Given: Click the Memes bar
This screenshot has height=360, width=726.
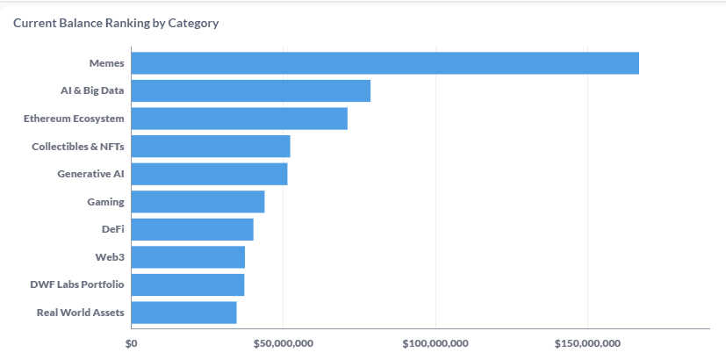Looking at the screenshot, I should click(385, 63).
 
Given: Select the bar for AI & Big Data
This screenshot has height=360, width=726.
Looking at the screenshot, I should click(250, 90).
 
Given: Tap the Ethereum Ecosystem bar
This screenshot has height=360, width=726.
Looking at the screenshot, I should click(239, 119).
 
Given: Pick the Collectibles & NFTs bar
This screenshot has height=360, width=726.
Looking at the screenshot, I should click(211, 147).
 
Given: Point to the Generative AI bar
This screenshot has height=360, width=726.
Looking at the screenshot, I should click(209, 174).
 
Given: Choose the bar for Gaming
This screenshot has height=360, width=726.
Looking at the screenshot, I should click(198, 202).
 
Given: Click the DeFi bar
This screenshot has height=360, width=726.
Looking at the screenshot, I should click(192, 229).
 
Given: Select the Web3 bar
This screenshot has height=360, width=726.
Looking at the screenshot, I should click(188, 257).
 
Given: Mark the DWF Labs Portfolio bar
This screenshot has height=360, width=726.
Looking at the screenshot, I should click(188, 284).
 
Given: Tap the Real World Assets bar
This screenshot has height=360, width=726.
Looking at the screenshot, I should click(183, 313).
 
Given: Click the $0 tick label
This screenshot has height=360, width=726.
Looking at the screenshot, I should click(132, 342).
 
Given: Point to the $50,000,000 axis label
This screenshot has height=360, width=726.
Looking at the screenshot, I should click(284, 342).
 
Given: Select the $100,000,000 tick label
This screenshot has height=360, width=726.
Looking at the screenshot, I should click(435, 342).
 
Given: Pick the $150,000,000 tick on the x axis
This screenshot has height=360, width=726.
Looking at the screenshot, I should click(587, 342).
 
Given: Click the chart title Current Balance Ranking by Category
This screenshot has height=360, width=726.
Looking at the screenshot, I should click(116, 23).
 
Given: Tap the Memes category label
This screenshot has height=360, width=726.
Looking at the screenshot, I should click(106, 63).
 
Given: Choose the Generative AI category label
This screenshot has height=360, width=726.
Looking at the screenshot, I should click(90, 174).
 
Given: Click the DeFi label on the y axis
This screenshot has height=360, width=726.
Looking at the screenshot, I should click(112, 229).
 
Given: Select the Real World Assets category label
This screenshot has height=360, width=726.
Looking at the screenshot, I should click(80, 313).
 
